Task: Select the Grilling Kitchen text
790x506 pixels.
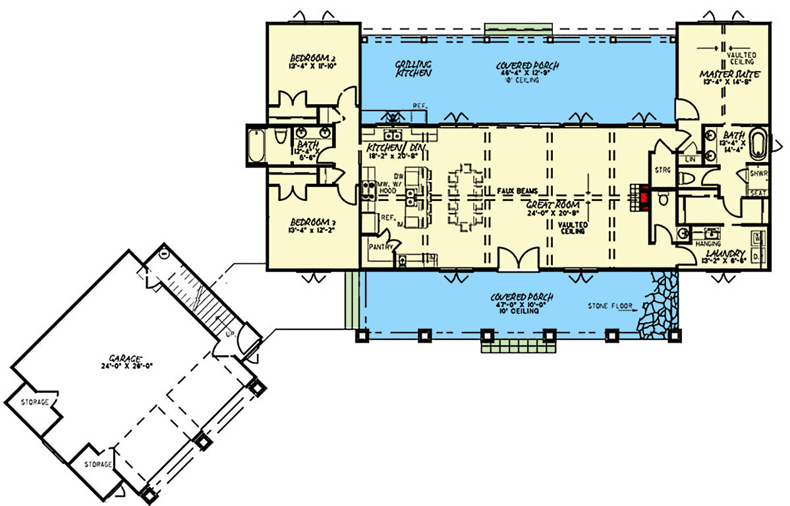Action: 413,69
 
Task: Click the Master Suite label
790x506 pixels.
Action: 729,75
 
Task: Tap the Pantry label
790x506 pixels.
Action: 380,247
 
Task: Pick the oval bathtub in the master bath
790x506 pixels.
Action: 760,146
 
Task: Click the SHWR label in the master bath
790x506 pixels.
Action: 758,175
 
